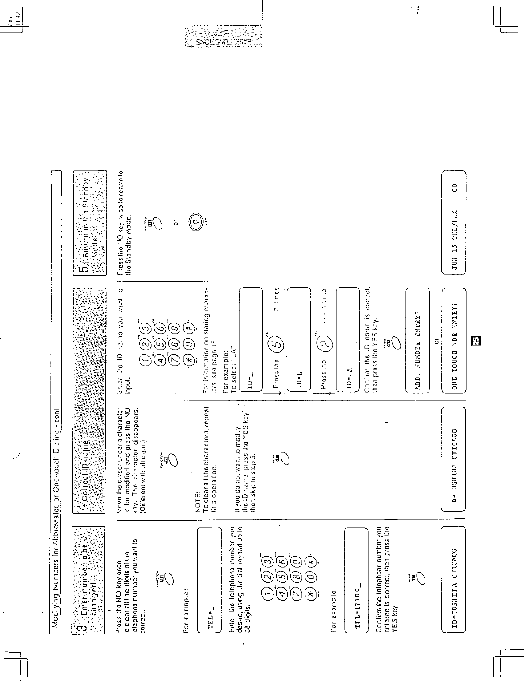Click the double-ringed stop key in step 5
[x=196, y=221]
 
